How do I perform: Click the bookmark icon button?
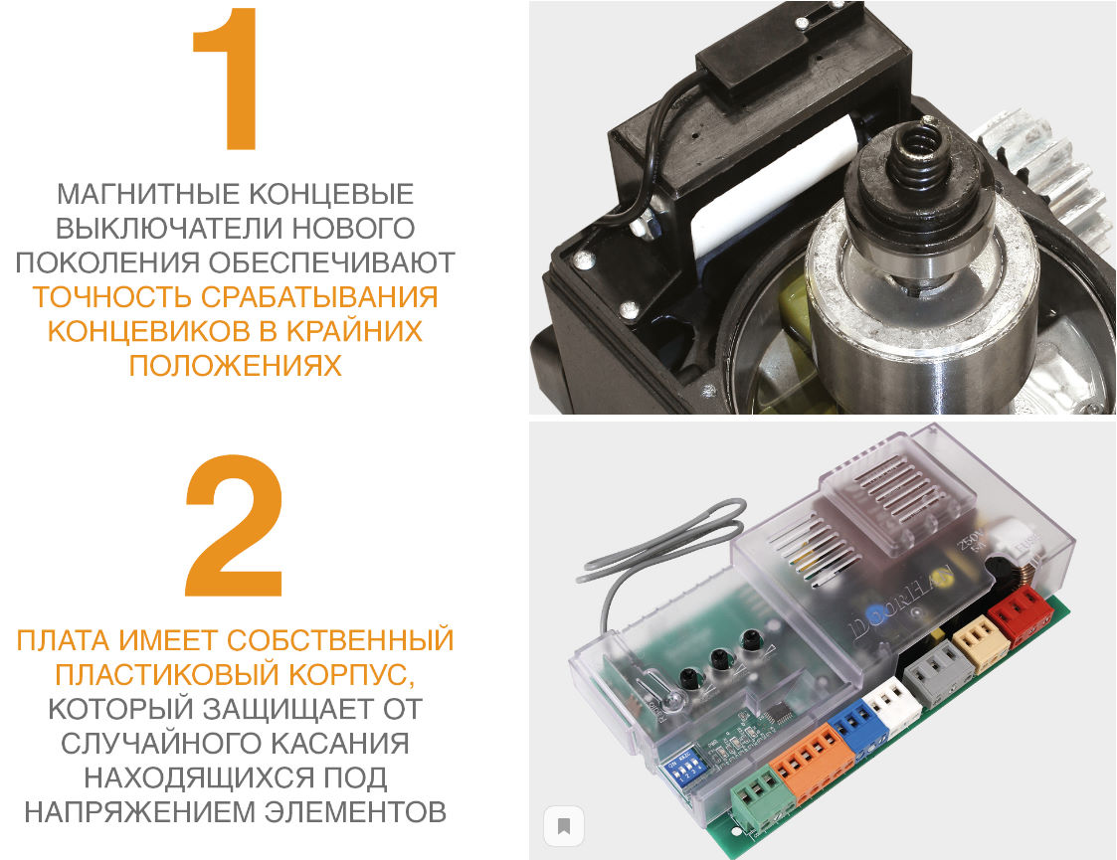tap(563, 825)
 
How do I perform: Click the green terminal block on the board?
tap(757, 794)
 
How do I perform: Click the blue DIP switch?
tap(684, 771)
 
